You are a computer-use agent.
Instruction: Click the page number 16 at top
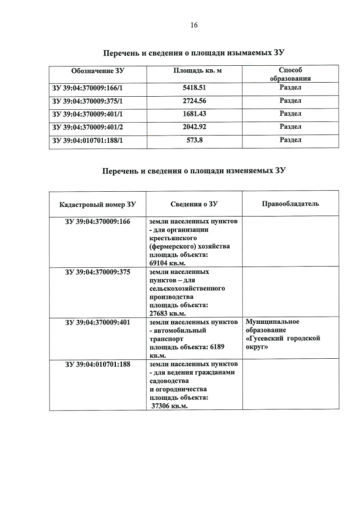click(194, 25)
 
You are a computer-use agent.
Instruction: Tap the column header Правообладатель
click(290, 203)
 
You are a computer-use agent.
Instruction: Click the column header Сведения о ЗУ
click(194, 204)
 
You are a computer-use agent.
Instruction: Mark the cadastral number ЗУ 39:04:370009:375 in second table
click(98, 272)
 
